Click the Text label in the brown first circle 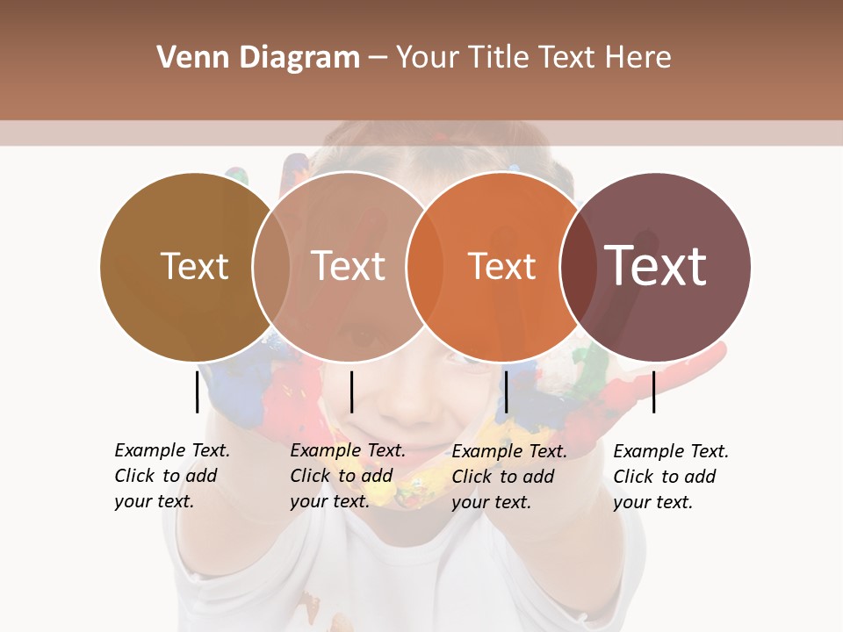tap(194, 266)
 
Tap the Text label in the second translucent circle tap(349, 266)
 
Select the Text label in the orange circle tap(501, 266)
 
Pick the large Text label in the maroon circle tap(655, 265)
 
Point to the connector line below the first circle tap(197, 391)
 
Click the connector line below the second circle tap(351, 391)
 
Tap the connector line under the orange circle tap(506, 391)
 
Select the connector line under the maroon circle tap(654, 391)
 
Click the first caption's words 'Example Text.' tap(172, 450)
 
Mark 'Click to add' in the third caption tap(503, 476)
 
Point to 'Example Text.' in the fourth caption tap(671, 451)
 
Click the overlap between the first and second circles tap(271, 266)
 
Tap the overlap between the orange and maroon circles tap(579, 266)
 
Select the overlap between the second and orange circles tap(425, 266)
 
